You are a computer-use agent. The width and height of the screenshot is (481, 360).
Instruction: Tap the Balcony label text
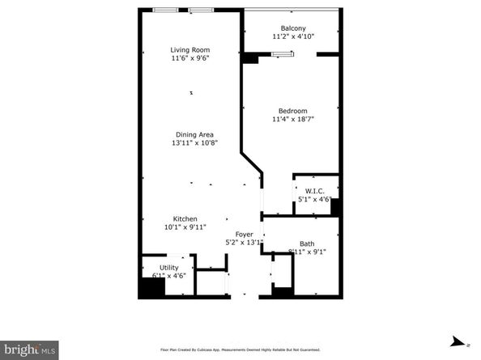tap(293, 28)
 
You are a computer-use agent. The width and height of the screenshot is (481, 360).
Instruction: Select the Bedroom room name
tap(292, 111)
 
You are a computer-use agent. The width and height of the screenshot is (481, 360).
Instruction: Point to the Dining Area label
tap(195, 134)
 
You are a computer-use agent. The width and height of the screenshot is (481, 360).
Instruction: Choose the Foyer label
tap(245, 234)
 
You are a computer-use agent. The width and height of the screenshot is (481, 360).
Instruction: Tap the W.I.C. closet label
tap(316, 191)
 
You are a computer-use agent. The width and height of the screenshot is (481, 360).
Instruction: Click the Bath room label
tap(307, 244)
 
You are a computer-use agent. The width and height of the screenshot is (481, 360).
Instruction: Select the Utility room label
tap(169, 266)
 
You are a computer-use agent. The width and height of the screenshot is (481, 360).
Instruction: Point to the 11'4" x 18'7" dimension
tap(292, 120)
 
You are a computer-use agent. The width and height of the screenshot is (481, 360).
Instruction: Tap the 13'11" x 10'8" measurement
tap(195, 143)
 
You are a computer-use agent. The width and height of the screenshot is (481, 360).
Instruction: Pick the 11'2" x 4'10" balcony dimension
tap(293, 37)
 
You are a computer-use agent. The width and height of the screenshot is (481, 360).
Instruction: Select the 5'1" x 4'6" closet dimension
tap(316, 200)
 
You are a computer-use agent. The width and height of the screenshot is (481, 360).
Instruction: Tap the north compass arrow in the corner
tap(459, 341)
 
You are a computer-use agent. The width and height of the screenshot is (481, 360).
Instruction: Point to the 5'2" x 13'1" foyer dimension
tap(245, 243)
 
